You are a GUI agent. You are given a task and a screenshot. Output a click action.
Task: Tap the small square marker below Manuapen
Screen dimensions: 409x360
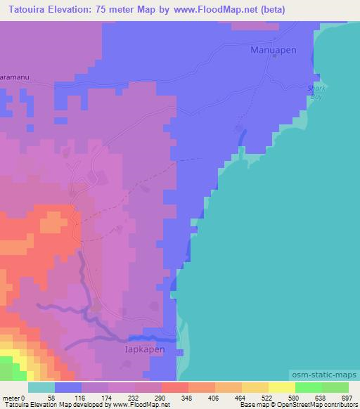click(x=274, y=58)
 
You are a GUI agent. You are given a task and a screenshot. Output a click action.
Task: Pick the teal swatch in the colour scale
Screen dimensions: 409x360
click(x=41, y=387)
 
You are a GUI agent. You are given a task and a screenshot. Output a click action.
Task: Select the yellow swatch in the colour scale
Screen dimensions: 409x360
click(x=281, y=387)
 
